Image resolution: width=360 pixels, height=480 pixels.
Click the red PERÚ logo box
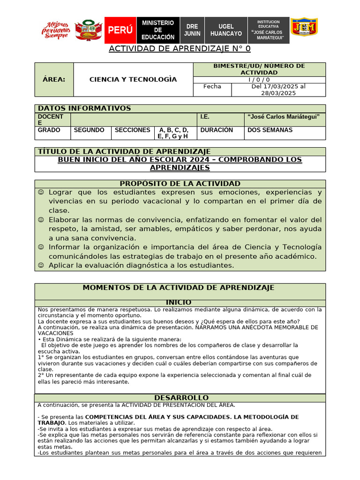pos(120,30)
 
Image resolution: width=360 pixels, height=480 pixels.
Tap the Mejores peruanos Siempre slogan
pos(57,30)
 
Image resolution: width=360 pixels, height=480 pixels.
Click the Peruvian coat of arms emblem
pos(89,30)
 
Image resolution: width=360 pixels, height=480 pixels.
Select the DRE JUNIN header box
pos(192,30)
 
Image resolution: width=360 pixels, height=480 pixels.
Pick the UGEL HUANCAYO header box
pos(226,30)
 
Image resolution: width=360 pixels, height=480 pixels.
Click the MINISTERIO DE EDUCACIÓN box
pos(158,30)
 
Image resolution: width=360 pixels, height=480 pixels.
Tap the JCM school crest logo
pos(304,28)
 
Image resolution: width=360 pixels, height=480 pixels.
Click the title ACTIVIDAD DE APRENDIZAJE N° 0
pos(180,49)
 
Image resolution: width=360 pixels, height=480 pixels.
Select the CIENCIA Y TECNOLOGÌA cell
pos(133,79)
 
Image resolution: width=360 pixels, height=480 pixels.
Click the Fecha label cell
pos(212,86)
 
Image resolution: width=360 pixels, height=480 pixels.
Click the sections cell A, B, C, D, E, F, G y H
pos(173,133)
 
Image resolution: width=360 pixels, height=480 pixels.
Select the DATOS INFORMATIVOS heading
pos(84,108)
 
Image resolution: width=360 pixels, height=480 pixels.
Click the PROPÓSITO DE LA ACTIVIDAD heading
pos(180,184)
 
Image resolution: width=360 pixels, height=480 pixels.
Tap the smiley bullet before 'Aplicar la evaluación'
pos(41,265)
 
